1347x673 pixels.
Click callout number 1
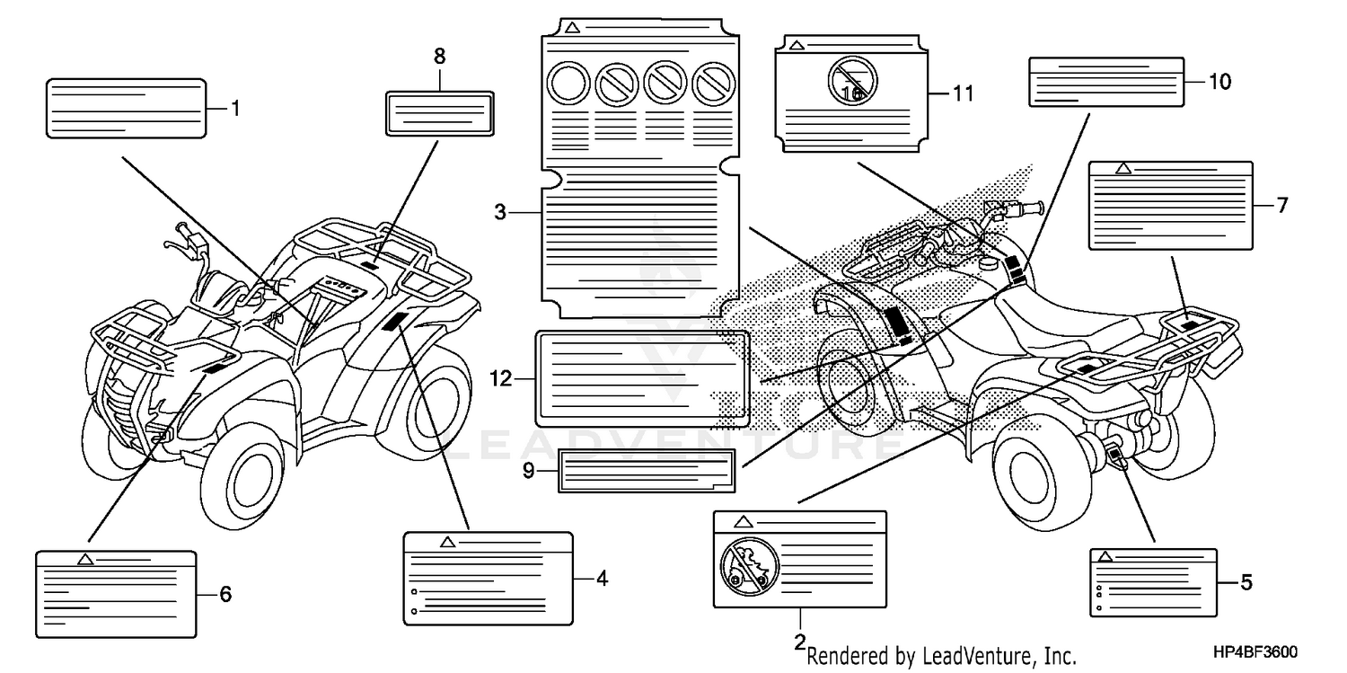235,110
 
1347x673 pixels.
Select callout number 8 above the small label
439,56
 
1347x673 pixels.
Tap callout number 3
500,213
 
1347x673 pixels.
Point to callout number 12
501,379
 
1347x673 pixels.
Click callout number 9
528,469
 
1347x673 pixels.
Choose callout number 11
963,93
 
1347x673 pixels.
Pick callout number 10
1219,83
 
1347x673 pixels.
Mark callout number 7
1282,206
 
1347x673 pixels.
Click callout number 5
1246,582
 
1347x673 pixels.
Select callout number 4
602,579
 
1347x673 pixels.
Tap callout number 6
225,594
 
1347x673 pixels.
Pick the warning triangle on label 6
85,559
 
